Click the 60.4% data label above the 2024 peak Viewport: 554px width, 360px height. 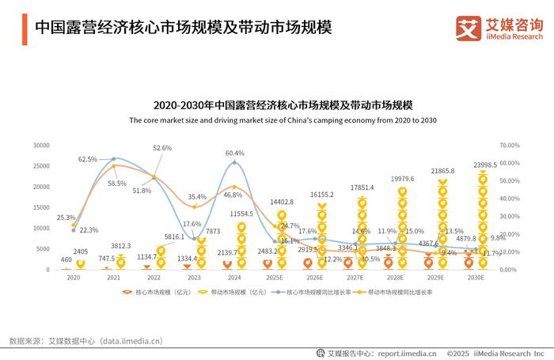(x=234, y=153)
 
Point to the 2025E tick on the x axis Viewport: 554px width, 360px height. (x=275, y=279)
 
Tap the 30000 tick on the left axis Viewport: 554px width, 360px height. (x=41, y=146)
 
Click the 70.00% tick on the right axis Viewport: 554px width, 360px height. (x=509, y=146)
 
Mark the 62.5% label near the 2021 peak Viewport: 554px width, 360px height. (x=88, y=159)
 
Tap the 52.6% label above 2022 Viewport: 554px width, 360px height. (x=162, y=148)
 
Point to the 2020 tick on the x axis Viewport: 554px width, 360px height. (x=73, y=279)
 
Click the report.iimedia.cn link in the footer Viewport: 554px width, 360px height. (x=407, y=353)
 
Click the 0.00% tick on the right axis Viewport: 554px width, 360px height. (x=507, y=270)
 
